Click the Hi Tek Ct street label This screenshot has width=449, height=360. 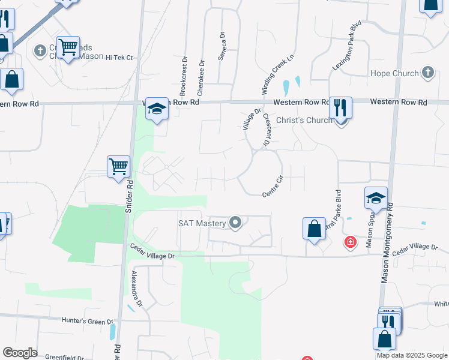119,58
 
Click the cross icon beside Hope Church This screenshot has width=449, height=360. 428,73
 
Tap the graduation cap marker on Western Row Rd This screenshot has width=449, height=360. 157,108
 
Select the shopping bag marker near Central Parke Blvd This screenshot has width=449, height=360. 313,228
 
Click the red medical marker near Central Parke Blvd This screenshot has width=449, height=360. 349,242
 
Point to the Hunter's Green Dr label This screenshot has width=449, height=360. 87,321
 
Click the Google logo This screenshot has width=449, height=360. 20,353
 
